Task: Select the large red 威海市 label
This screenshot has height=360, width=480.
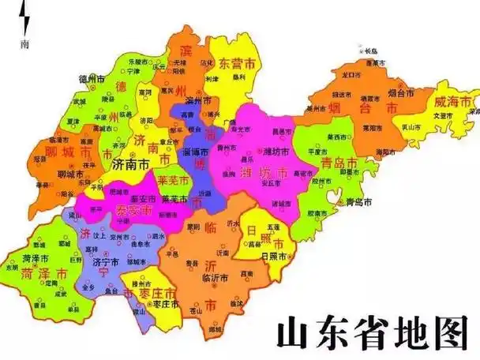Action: [x=452, y=101]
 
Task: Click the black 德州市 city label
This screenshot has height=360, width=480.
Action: [x=92, y=78]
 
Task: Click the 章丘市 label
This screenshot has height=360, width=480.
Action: [x=169, y=141]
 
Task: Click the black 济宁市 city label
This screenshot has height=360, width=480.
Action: [x=104, y=261]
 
